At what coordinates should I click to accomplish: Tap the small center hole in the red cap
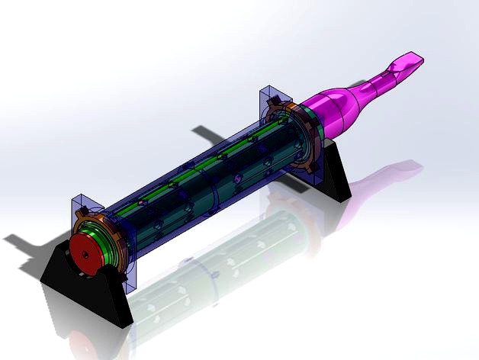(x=85, y=250)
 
